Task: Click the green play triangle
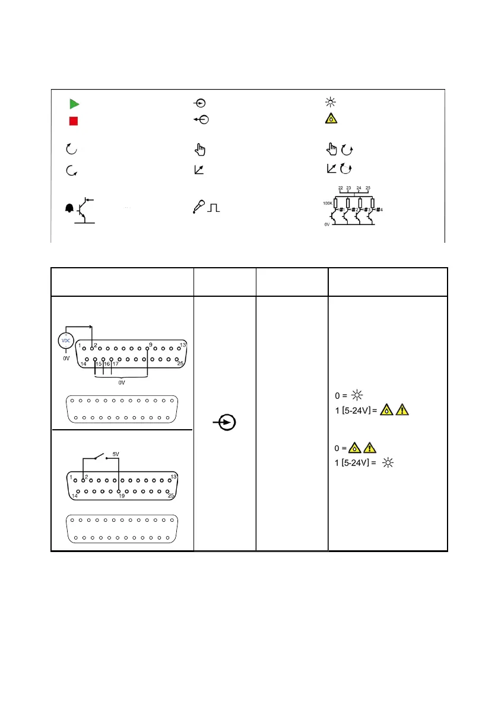[x=74, y=104]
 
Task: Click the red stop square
[x=74, y=121]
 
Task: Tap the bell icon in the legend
[x=69, y=208]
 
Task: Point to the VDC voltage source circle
[x=65, y=342]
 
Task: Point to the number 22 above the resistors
[x=341, y=188]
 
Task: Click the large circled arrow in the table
[x=226, y=423]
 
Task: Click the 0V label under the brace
[x=121, y=383]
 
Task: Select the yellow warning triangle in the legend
[x=331, y=119]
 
